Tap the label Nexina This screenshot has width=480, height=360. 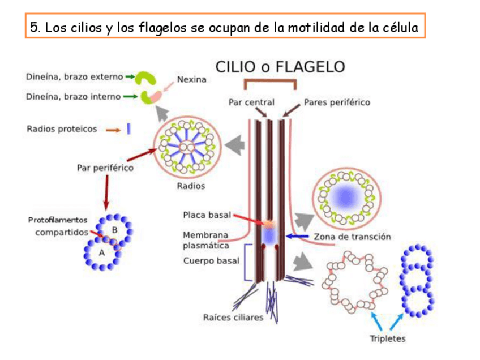point(192,80)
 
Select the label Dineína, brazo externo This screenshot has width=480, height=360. point(74,76)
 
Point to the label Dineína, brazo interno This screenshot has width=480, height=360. point(73,96)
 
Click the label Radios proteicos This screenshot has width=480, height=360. point(62,128)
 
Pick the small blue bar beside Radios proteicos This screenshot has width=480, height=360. point(129,128)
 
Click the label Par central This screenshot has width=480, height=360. point(251,102)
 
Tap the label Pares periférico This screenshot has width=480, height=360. point(337,102)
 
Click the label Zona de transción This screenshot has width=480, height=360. point(352,237)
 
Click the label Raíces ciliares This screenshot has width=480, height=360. point(233,317)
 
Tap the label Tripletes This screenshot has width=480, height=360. point(388,338)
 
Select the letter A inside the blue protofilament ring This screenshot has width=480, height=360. point(102,253)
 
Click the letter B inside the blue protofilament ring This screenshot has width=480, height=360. point(115,230)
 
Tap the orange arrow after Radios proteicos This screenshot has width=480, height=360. point(113,130)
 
